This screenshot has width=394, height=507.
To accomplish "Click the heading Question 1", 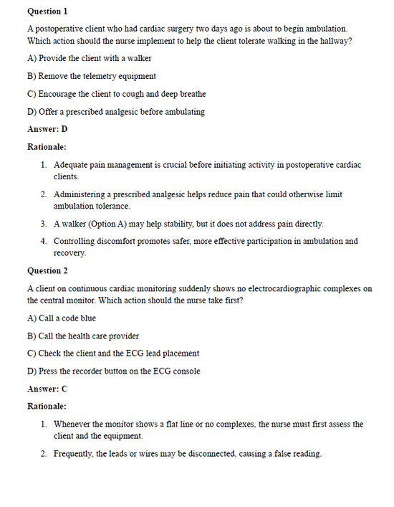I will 47,11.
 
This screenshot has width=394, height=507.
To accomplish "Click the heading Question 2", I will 47,271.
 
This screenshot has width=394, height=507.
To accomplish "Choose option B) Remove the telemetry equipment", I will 91,76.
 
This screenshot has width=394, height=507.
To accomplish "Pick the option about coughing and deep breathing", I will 116,94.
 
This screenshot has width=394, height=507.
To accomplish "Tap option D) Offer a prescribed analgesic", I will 115,112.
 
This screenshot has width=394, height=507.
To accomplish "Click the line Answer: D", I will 47,129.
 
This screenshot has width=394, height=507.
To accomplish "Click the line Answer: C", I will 47,389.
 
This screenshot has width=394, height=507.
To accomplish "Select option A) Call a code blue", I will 61,318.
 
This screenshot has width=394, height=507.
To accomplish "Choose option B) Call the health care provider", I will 83,336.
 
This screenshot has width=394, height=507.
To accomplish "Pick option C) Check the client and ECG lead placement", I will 112,354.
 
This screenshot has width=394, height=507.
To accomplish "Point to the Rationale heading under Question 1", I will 47,147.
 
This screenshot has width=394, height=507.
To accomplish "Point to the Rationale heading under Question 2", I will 47,407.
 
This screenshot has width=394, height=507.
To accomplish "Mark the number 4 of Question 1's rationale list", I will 44,242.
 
